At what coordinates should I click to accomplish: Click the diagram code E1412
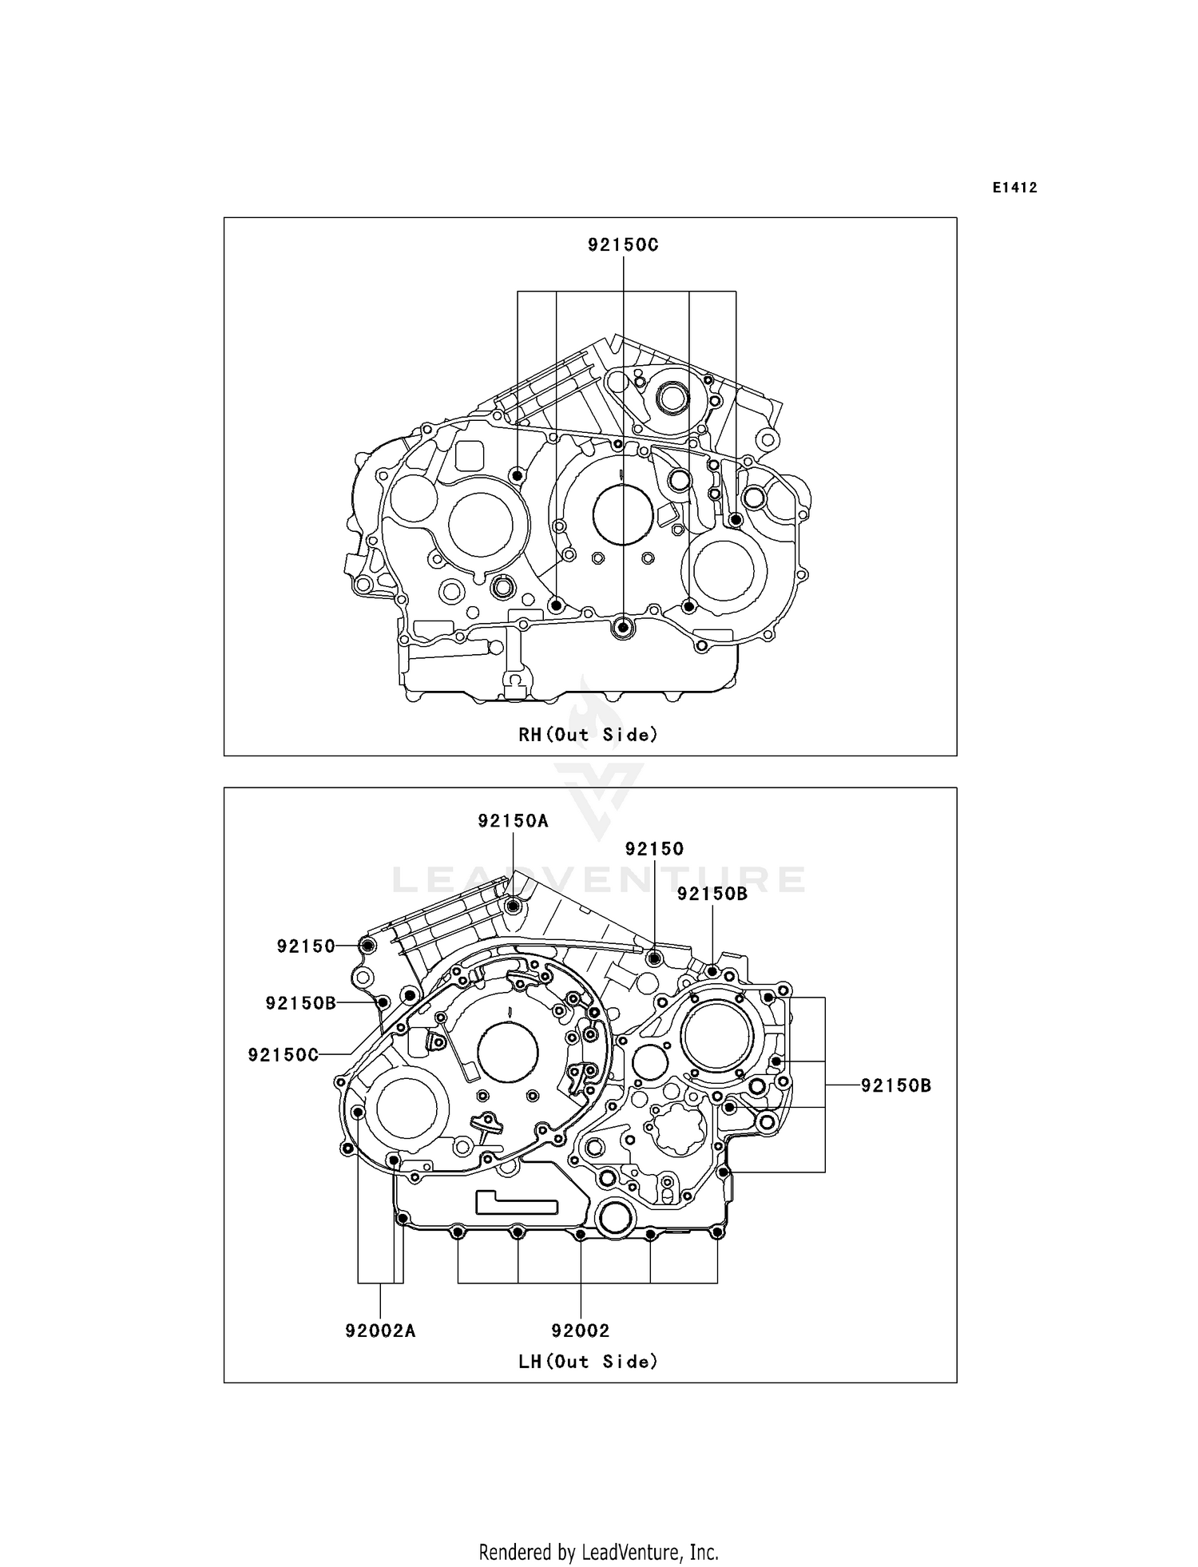point(1015,188)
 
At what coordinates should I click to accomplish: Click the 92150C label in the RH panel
point(623,245)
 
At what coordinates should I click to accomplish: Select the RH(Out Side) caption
point(589,734)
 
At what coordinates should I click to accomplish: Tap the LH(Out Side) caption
point(589,1361)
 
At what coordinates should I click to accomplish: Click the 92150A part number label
point(513,820)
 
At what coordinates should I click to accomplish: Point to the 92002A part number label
point(380,1331)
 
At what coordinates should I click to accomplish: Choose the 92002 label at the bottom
point(581,1331)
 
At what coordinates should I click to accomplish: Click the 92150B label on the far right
point(896,1085)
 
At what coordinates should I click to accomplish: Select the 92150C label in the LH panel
point(283,1055)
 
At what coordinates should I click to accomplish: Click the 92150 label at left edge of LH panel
point(306,946)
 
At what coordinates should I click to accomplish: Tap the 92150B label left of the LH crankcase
point(300,1003)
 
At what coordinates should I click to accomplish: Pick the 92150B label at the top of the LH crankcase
point(712,894)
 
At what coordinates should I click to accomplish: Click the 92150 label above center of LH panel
point(654,849)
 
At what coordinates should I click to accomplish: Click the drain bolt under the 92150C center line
point(623,628)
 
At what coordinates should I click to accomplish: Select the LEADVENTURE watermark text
point(598,880)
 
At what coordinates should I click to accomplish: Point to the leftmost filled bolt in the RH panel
point(518,476)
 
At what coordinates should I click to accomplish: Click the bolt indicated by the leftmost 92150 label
point(368,946)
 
